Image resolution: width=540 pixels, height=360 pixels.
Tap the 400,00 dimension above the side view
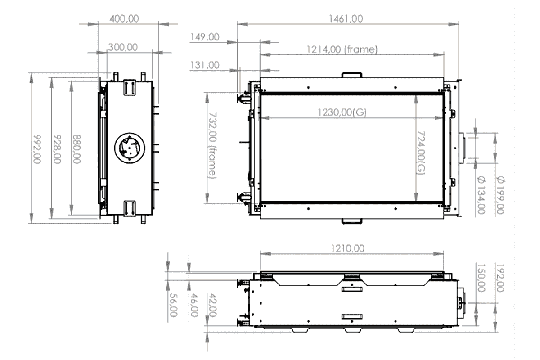click(x=124, y=18)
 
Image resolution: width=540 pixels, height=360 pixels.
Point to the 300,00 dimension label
click(x=122, y=47)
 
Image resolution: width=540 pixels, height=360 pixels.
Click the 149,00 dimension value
click(x=204, y=37)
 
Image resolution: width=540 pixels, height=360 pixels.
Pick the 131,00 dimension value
click(x=204, y=65)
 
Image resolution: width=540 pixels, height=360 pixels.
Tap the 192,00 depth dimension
click(x=500, y=278)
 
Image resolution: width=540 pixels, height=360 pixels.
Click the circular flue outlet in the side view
click(x=129, y=148)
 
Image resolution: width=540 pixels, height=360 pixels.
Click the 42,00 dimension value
click(x=214, y=306)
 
